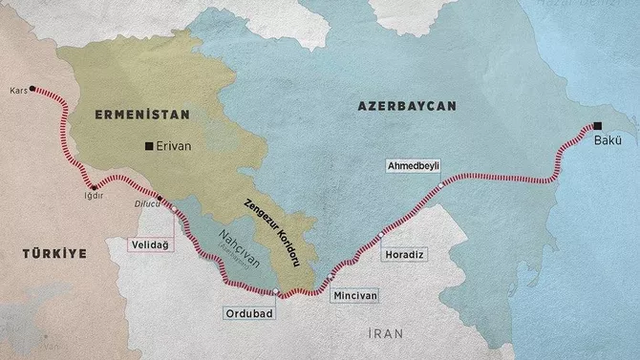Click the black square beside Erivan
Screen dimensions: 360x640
point(148,146)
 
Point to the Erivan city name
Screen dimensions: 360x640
point(175,146)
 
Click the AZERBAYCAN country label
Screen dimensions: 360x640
point(408,103)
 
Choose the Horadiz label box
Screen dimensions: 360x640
point(401,255)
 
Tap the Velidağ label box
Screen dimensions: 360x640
point(153,244)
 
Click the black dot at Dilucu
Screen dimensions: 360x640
point(160,199)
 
